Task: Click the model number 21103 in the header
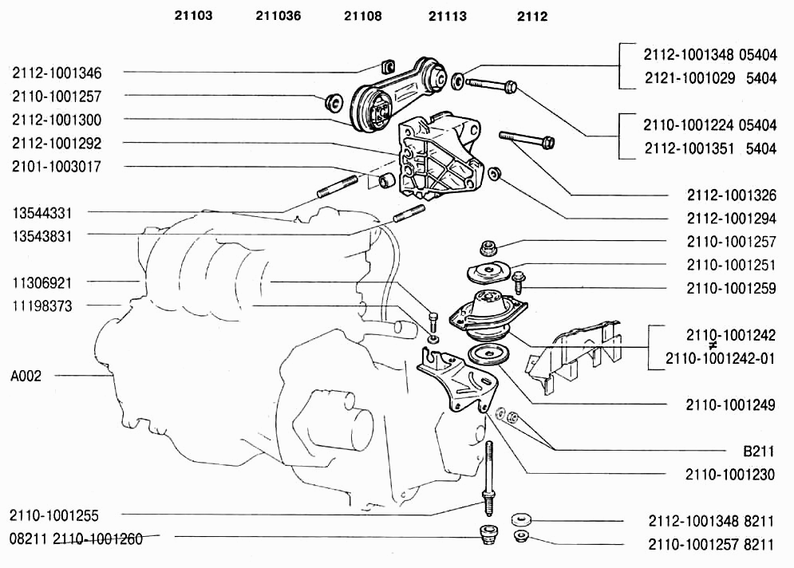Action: (x=193, y=16)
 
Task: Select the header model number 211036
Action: (x=278, y=16)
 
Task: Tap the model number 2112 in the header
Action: (x=532, y=16)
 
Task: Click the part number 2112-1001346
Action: (x=57, y=73)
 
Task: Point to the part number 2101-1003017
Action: (x=57, y=167)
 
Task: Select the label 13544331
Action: (x=42, y=213)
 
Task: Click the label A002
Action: (x=26, y=376)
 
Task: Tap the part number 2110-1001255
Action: (x=54, y=516)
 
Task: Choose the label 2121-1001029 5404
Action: (x=710, y=78)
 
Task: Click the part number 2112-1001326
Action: (x=732, y=195)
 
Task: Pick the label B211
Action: (x=759, y=451)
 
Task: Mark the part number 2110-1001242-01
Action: (x=720, y=358)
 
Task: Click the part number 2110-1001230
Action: (x=730, y=475)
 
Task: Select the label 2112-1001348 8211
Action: (x=712, y=521)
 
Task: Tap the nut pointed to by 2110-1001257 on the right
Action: (x=488, y=248)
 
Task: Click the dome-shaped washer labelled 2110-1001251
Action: (x=488, y=272)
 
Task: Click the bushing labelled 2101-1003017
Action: (x=387, y=179)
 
